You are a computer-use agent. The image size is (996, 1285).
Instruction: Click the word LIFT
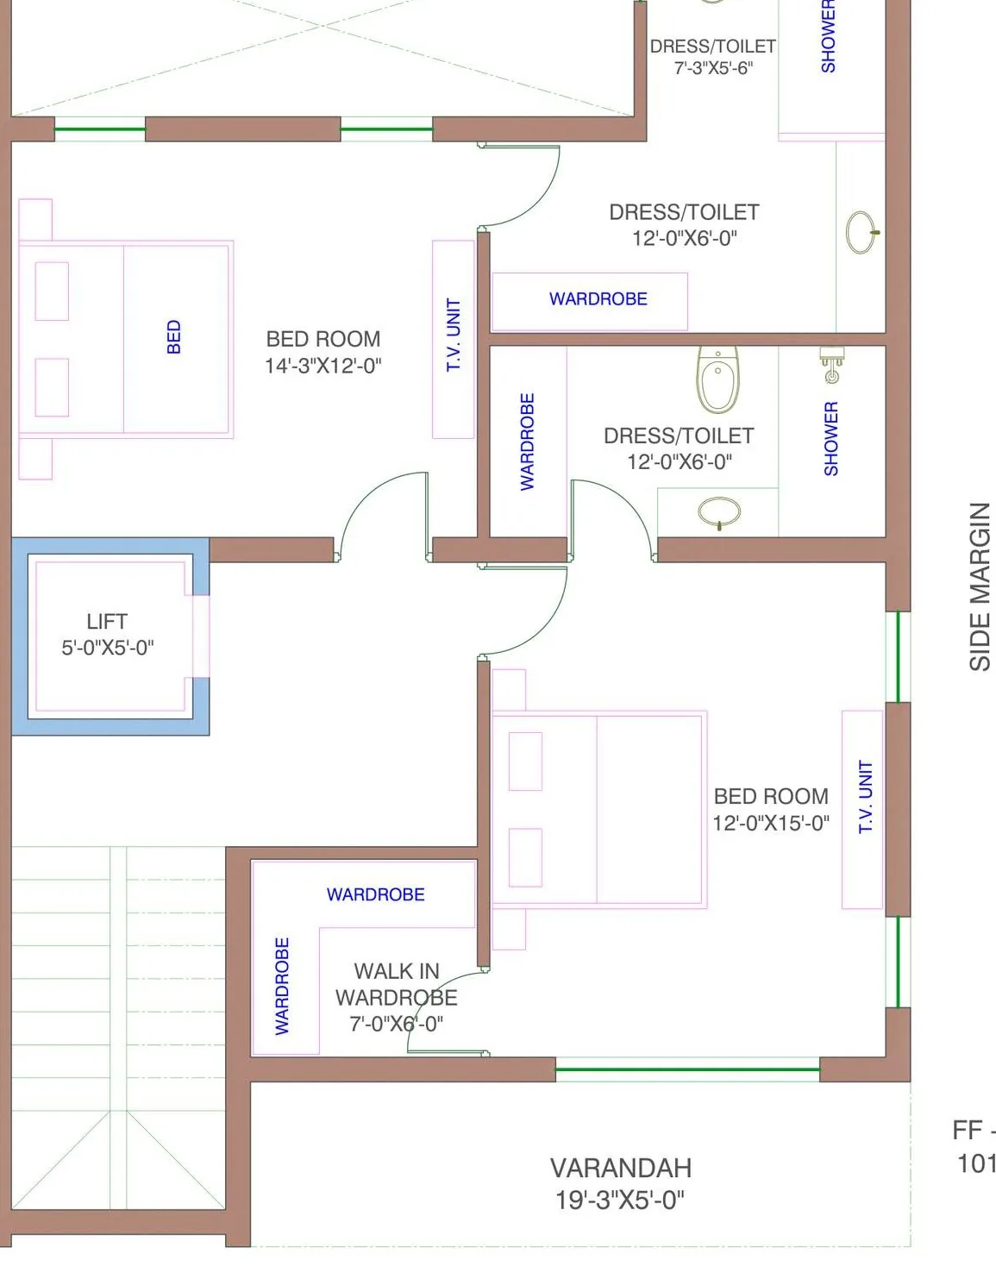(107, 622)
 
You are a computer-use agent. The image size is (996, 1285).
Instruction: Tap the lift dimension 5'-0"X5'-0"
(108, 649)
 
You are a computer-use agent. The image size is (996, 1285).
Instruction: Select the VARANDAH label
(621, 1168)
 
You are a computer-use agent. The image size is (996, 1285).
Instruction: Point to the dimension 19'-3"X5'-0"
(620, 1200)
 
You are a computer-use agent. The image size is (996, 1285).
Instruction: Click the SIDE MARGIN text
(980, 586)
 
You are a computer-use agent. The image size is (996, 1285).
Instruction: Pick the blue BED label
(174, 336)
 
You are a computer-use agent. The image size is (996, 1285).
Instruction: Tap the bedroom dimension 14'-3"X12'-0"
(323, 366)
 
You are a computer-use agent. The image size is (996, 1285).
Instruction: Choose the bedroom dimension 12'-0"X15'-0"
(771, 823)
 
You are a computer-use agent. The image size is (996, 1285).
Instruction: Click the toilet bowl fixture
(717, 379)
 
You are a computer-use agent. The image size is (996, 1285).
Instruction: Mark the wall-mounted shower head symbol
(831, 365)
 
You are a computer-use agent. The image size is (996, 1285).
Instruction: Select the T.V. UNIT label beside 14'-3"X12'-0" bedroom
(454, 335)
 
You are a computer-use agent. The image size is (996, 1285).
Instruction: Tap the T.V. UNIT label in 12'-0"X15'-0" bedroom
(866, 797)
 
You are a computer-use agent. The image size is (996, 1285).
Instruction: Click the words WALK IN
(397, 971)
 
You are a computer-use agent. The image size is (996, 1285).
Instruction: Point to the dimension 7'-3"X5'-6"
(713, 68)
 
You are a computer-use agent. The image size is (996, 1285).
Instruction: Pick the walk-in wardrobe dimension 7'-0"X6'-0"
(397, 1024)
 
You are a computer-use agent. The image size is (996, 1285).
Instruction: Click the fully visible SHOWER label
(831, 439)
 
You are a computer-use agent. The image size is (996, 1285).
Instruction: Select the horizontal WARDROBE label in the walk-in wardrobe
(376, 894)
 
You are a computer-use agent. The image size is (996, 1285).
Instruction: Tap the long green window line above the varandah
(687, 1069)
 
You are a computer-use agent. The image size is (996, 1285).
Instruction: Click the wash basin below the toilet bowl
(719, 513)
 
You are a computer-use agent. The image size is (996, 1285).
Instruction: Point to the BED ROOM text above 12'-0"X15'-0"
(771, 797)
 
